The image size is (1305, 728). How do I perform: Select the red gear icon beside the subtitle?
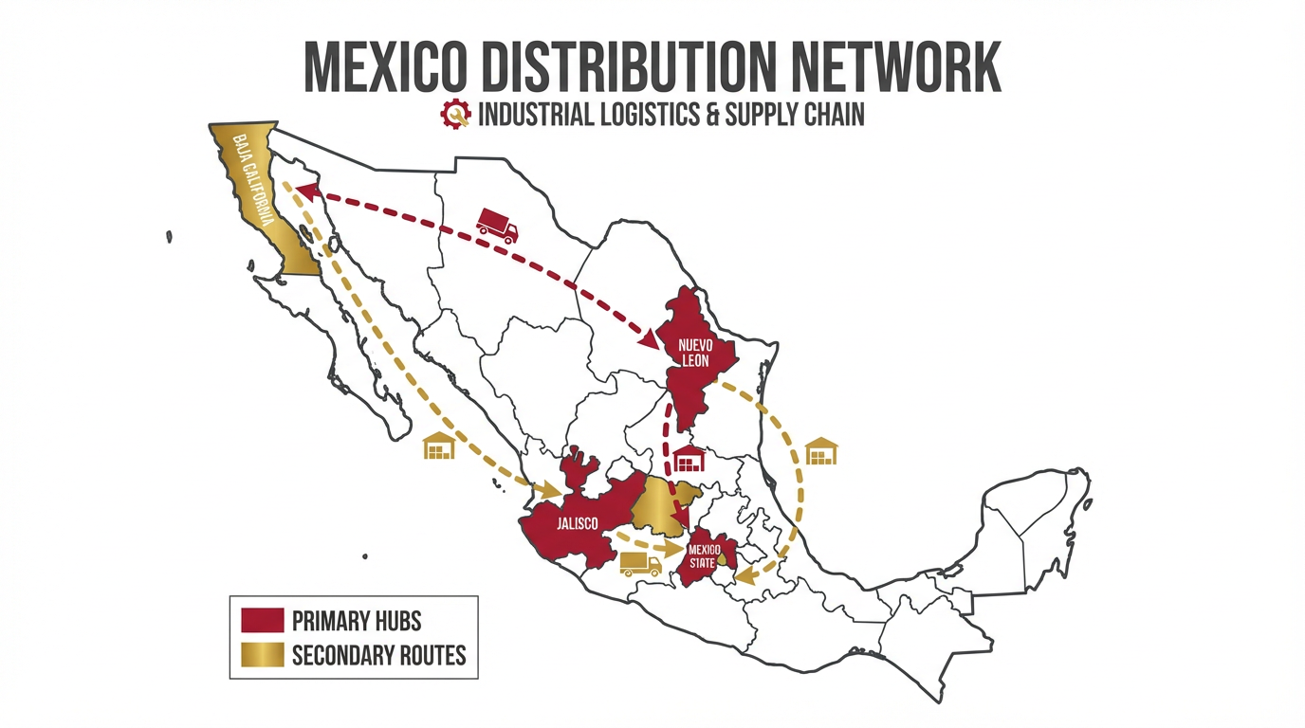coord(455,115)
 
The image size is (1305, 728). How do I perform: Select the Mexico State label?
coord(704,556)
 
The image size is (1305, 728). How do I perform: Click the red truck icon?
coord(497,226)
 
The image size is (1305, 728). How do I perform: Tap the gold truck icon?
coord(640,564)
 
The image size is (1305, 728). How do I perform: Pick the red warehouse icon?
coord(690,460)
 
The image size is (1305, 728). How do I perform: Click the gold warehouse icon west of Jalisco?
coord(439,446)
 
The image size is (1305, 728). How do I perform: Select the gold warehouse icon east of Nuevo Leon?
coord(821,451)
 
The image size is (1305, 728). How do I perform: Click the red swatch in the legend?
coord(263,621)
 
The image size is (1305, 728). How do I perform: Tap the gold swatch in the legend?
coord(263,655)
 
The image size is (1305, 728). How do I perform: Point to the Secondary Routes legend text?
coord(378,655)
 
